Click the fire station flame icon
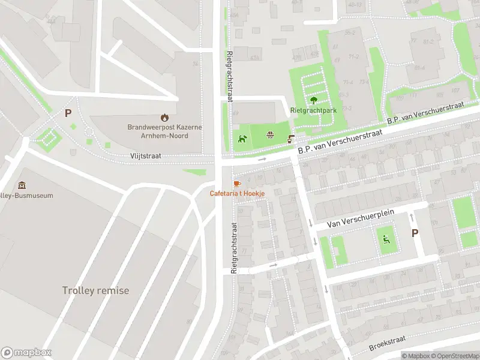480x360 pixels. point(165,118)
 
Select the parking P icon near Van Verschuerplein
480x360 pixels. point(415,233)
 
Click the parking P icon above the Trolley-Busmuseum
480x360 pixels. point(68,113)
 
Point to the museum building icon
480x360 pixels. point(22,185)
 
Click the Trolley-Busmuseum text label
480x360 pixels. point(27,196)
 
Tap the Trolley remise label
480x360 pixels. point(95,290)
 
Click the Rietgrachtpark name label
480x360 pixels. point(313,111)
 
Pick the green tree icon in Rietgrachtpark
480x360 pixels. point(313,100)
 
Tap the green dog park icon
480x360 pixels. point(242,139)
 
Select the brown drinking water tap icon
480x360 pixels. point(291,139)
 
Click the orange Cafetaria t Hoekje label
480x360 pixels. point(237,193)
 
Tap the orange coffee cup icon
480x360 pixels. point(236,183)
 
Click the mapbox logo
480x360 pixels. point(26,352)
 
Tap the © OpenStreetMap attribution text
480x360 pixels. point(454,356)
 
